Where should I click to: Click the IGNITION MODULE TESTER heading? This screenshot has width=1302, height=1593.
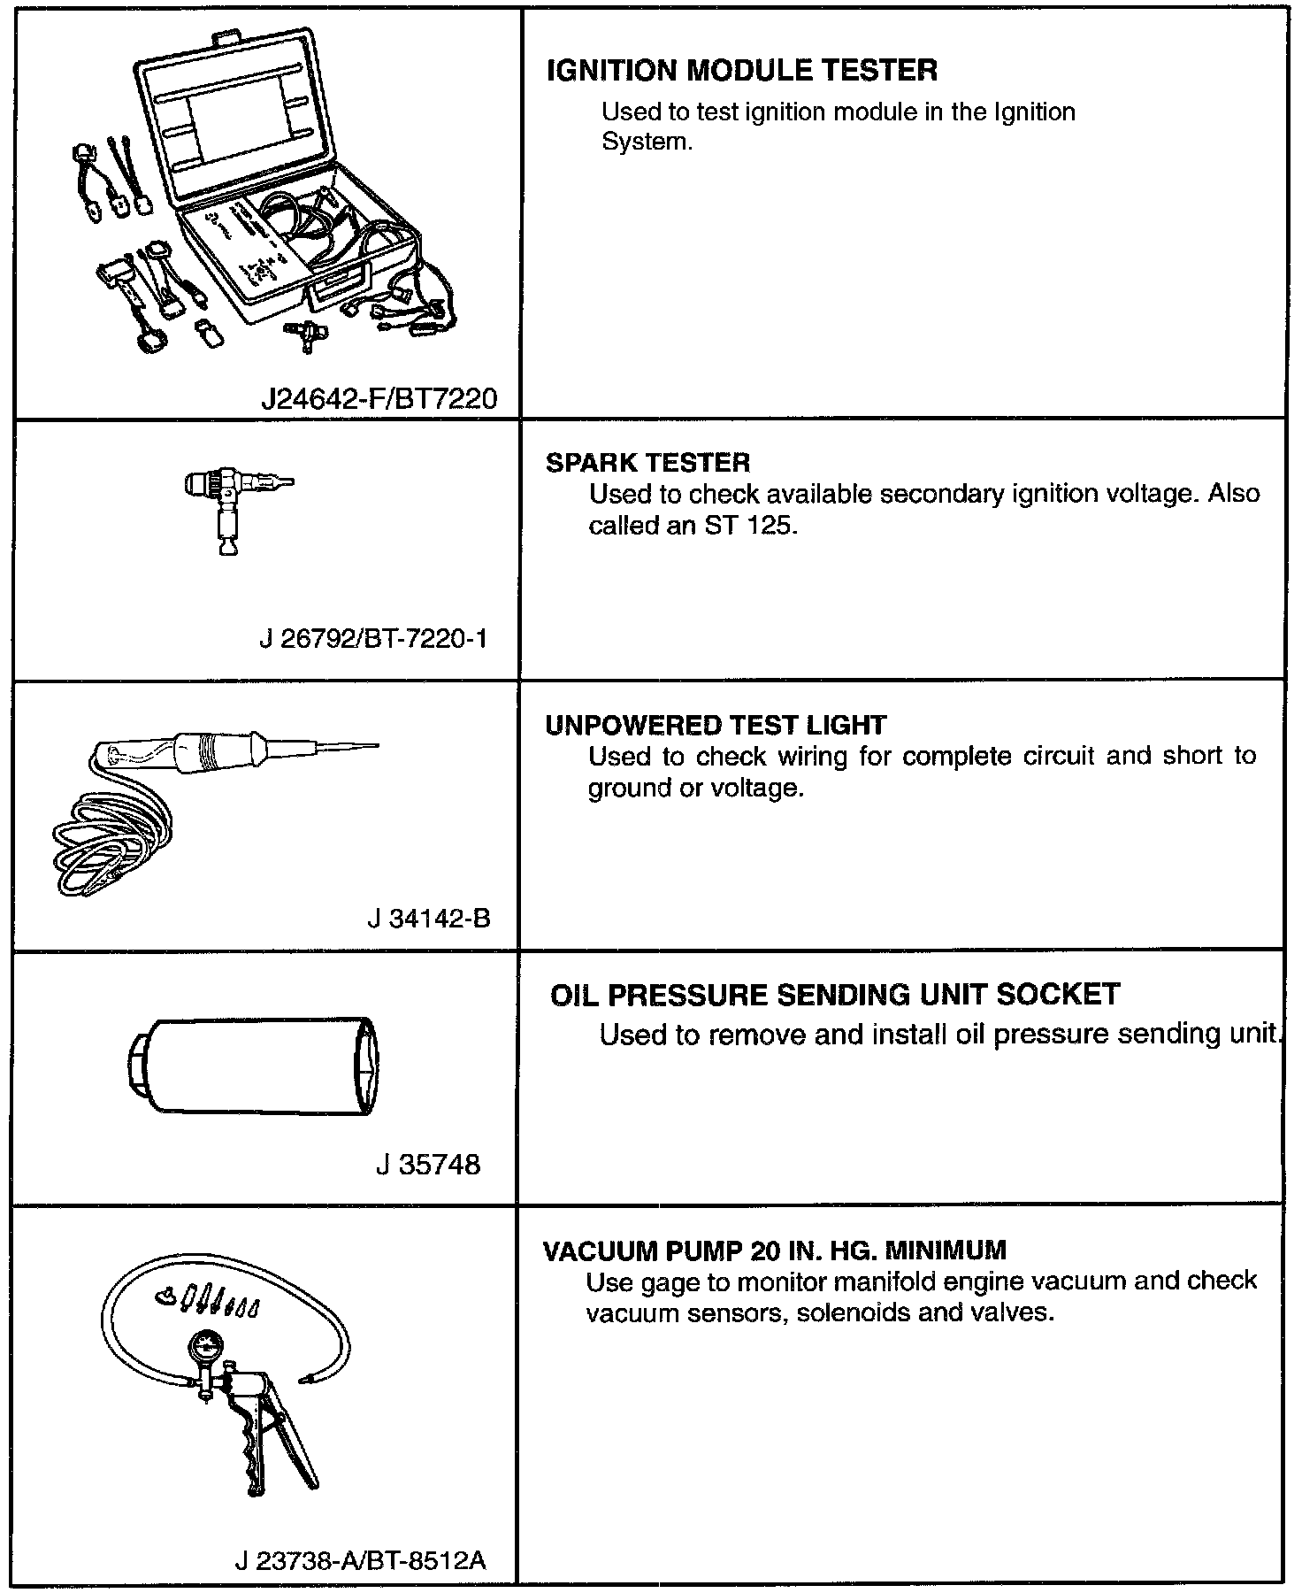click(x=742, y=71)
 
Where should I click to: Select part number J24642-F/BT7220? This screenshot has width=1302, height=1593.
click(x=379, y=399)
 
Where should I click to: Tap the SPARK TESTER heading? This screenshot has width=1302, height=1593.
click(x=647, y=463)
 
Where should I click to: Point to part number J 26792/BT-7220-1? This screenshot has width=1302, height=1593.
click(x=372, y=638)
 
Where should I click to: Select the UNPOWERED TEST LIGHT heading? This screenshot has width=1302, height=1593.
click(x=715, y=726)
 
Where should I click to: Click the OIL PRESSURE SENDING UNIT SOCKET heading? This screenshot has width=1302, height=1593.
click(x=834, y=995)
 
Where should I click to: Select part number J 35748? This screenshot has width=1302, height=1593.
click(x=428, y=1164)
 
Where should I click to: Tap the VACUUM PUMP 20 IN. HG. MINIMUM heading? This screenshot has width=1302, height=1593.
click(x=774, y=1251)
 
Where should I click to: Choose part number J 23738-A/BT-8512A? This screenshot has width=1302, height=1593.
click(x=360, y=1560)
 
